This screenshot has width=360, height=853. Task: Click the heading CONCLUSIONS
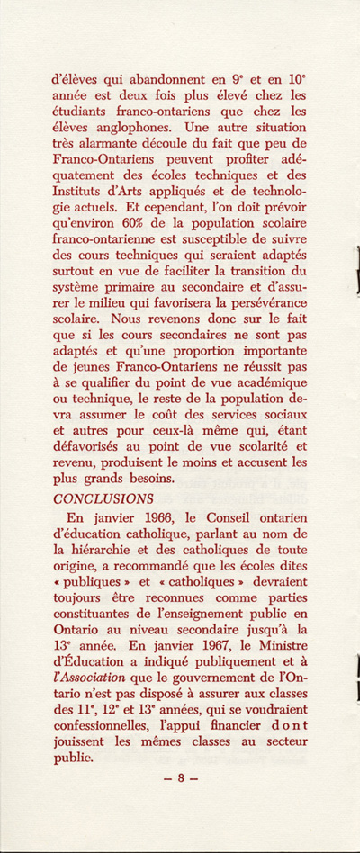click(x=103, y=498)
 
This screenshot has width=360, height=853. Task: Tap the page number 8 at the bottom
click(x=180, y=779)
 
